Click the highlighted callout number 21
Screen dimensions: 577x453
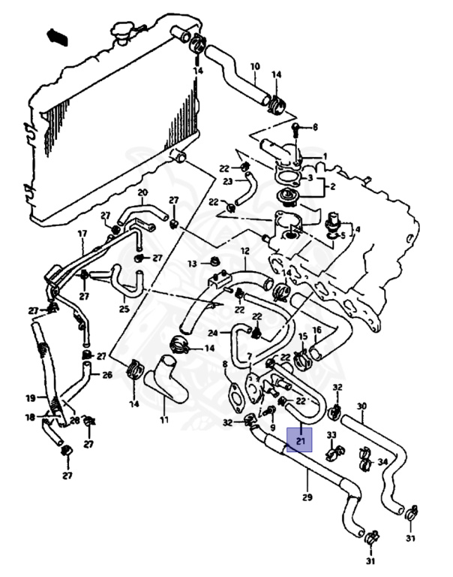click(x=301, y=443)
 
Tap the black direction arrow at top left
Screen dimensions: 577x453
click(x=57, y=36)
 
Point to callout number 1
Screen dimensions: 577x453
click(x=325, y=156)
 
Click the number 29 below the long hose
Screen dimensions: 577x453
click(x=307, y=497)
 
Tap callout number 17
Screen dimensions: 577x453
click(x=82, y=234)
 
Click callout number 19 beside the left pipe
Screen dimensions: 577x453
click(x=31, y=397)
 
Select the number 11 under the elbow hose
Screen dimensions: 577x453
click(x=163, y=419)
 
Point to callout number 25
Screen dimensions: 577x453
click(x=124, y=309)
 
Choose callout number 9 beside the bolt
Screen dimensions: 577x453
click(x=262, y=427)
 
